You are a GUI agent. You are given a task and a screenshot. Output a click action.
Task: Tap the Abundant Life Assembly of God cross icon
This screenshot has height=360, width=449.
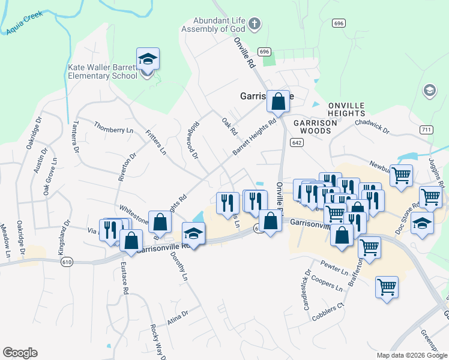(x=255, y=24)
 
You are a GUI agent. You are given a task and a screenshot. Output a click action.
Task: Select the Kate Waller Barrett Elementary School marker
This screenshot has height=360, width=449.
(x=148, y=60)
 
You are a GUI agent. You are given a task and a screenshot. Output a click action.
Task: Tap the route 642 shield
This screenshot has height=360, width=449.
(x=296, y=142)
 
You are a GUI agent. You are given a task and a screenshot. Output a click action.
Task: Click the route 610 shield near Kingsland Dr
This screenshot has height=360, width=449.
(x=67, y=262)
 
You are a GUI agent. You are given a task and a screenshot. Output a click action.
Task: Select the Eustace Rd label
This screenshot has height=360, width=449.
(x=124, y=278)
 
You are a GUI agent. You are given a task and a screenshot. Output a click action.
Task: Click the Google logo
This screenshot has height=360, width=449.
(x=20, y=353)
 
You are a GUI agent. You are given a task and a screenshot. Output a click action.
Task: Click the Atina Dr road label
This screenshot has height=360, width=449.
(x=178, y=314)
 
